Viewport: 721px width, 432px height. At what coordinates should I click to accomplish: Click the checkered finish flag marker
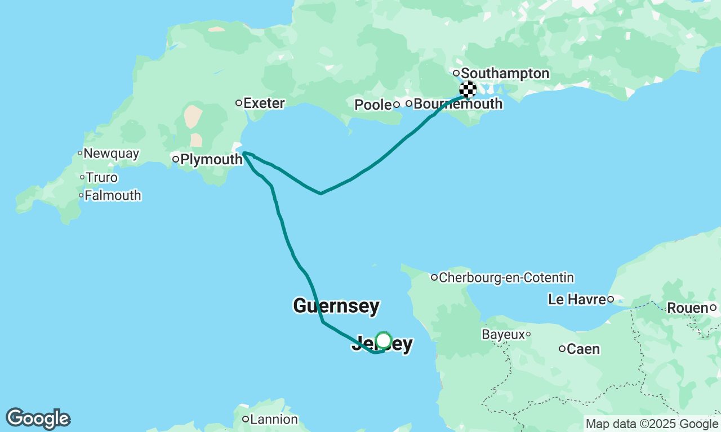pyautogui.click(x=468, y=89)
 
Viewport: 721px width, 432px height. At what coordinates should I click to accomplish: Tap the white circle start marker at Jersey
pyautogui.click(x=384, y=340)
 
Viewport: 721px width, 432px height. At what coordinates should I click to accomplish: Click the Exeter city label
pyautogui.click(x=264, y=103)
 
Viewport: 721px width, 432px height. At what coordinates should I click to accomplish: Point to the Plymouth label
pyautogui.click(x=211, y=160)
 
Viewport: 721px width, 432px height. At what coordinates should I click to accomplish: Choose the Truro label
pyautogui.click(x=102, y=178)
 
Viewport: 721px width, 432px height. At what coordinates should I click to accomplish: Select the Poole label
pyautogui.click(x=373, y=105)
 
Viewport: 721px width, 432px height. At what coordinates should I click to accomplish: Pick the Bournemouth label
pyautogui.click(x=458, y=104)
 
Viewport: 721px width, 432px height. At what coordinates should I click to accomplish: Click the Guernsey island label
pyautogui.click(x=336, y=307)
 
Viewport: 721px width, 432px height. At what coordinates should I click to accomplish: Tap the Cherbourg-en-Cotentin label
pyautogui.click(x=506, y=278)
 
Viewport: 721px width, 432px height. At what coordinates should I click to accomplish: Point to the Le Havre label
pyautogui.click(x=577, y=300)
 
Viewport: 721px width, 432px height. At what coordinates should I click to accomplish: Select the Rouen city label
pyautogui.click(x=688, y=308)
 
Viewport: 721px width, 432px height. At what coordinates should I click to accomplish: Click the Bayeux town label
pyautogui.click(x=502, y=335)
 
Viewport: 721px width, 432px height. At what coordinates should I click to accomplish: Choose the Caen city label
pyautogui.click(x=583, y=349)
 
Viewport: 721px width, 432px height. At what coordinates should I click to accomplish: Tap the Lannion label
pyautogui.click(x=274, y=420)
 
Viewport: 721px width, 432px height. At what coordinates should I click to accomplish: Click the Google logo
pyautogui.click(x=38, y=419)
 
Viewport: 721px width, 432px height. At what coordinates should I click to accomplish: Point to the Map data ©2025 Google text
pyautogui.click(x=652, y=424)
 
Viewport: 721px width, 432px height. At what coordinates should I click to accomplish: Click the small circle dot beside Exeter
pyautogui.click(x=239, y=103)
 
